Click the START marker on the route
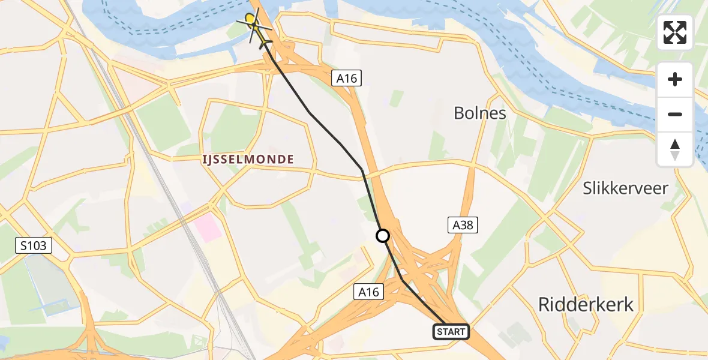(451, 331)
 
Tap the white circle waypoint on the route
(382, 236)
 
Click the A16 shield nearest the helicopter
(347, 77)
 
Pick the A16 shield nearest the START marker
(368, 292)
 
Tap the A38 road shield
(463, 225)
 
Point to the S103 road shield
(35, 245)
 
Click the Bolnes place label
(480, 113)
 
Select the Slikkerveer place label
(626, 188)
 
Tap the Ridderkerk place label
(586, 305)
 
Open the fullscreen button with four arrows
(675, 32)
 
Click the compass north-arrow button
(675, 149)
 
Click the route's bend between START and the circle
(403, 280)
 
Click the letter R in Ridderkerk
(545, 305)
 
